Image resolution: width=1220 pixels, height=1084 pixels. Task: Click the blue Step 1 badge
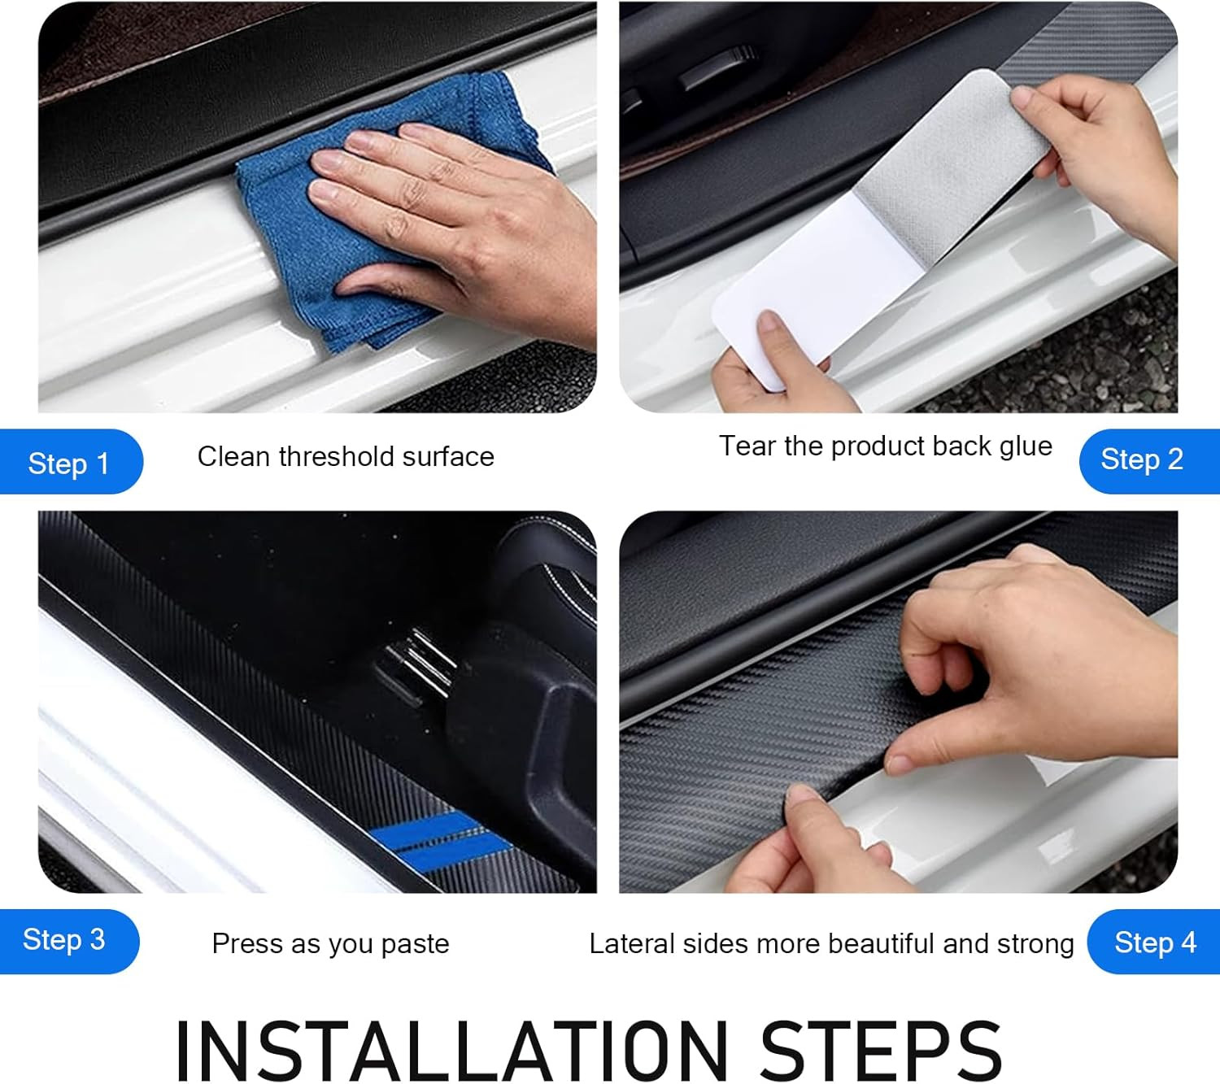pyautogui.click(x=71, y=462)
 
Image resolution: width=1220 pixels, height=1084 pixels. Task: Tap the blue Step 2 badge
pyautogui.click(x=1149, y=461)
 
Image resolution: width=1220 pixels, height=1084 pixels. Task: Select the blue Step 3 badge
pyautogui.click(x=69, y=941)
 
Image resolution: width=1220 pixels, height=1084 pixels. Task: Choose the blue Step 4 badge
pyautogui.click(x=1153, y=941)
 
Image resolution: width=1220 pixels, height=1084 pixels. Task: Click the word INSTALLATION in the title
pyautogui.click(x=451, y=1051)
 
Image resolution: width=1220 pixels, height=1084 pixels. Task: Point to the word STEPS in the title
pyautogui.click(x=881, y=1051)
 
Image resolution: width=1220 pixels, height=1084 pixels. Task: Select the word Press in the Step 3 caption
pyautogui.click(x=248, y=943)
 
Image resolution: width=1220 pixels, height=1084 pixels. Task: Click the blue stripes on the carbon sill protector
pyautogui.click(x=439, y=840)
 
